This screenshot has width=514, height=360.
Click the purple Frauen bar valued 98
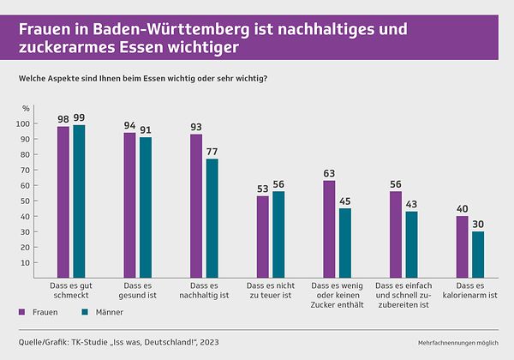click(63, 200)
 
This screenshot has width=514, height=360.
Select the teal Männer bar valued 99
click(79, 199)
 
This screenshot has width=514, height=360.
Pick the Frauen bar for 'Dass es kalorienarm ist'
click(462, 244)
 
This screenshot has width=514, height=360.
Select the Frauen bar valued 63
click(329, 226)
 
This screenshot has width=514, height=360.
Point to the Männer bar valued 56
click(278, 232)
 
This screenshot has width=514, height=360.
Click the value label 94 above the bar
click(129, 125)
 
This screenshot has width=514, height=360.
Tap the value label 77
click(212, 151)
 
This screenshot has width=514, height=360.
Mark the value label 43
click(411, 204)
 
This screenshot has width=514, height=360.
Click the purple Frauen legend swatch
click(21, 313)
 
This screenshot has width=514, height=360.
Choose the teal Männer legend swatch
click(84, 313)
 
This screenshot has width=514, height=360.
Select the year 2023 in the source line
click(207, 343)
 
